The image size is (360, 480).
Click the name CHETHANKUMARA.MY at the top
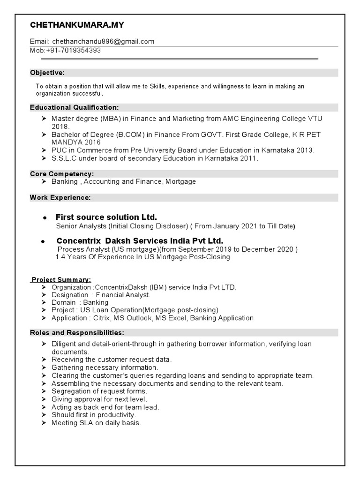click(77, 25)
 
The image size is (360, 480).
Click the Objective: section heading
click(47, 73)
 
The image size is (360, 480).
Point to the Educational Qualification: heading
click(75, 107)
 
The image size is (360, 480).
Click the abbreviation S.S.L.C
click(62, 158)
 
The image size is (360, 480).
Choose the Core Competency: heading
click(62, 174)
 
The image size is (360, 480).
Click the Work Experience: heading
click(60, 198)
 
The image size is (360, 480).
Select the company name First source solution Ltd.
click(106, 217)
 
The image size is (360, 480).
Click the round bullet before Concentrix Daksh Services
click(43, 241)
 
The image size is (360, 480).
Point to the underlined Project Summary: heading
click(61, 280)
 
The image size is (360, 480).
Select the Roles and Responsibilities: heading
click(77, 333)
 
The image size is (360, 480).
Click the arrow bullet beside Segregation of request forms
click(43, 391)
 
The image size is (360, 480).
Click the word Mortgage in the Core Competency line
click(180, 181)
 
